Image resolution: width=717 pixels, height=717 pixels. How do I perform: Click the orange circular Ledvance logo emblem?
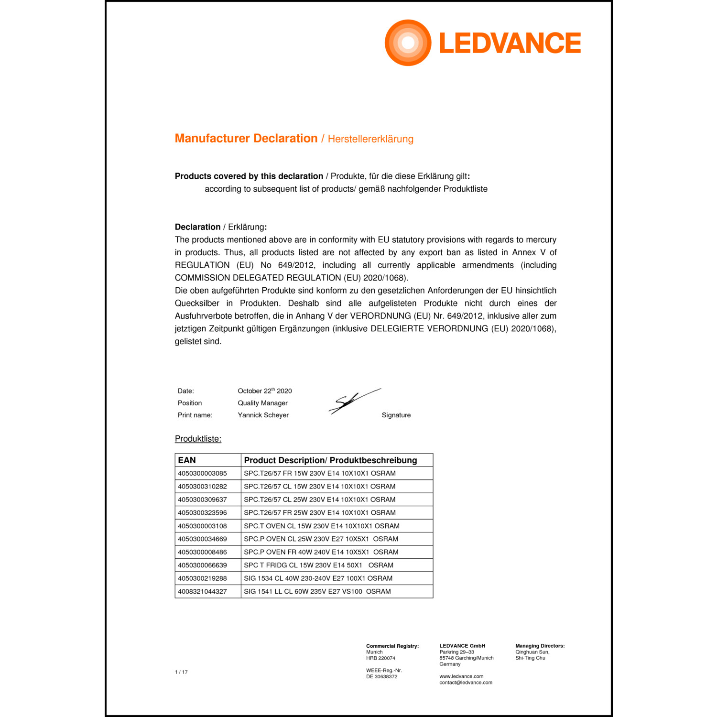click(x=408, y=43)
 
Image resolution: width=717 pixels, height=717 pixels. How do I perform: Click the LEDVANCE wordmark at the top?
click(x=510, y=43)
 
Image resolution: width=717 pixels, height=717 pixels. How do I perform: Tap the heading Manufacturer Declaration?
click(x=246, y=139)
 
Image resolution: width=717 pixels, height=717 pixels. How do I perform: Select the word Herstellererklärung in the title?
click(x=370, y=139)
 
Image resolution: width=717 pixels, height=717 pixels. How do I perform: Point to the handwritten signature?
click(x=354, y=401)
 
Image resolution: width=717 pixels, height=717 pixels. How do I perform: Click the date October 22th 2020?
click(x=264, y=391)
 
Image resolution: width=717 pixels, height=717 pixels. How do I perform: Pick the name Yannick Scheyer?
click(x=263, y=415)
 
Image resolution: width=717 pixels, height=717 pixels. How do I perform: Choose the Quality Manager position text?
click(x=262, y=403)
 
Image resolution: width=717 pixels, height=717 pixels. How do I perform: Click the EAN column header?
click(x=187, y=460)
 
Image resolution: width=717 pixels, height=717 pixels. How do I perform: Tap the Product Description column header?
click(x=330, y=460)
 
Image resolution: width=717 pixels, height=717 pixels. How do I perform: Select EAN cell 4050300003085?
click(x=202, y=473)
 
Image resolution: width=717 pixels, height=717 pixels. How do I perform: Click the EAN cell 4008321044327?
click(x=202, y=591)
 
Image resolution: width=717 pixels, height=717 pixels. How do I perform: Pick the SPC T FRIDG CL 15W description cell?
click(x=318, y=565)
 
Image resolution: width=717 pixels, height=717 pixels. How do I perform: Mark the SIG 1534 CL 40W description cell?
click(x=318, y=578)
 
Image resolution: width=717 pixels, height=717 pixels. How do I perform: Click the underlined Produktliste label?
click(x=198, y=439)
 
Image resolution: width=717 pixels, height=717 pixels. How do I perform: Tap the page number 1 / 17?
click(x=181, y=672)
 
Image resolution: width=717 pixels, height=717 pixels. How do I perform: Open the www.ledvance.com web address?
click(x=461, y=676)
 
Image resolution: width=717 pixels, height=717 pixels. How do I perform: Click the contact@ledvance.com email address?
click(x=466, y=683)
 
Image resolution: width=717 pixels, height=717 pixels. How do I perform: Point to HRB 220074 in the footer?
click(x=380, y=658)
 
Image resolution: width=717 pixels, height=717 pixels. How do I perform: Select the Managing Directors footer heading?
click(x=540, y=646)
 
